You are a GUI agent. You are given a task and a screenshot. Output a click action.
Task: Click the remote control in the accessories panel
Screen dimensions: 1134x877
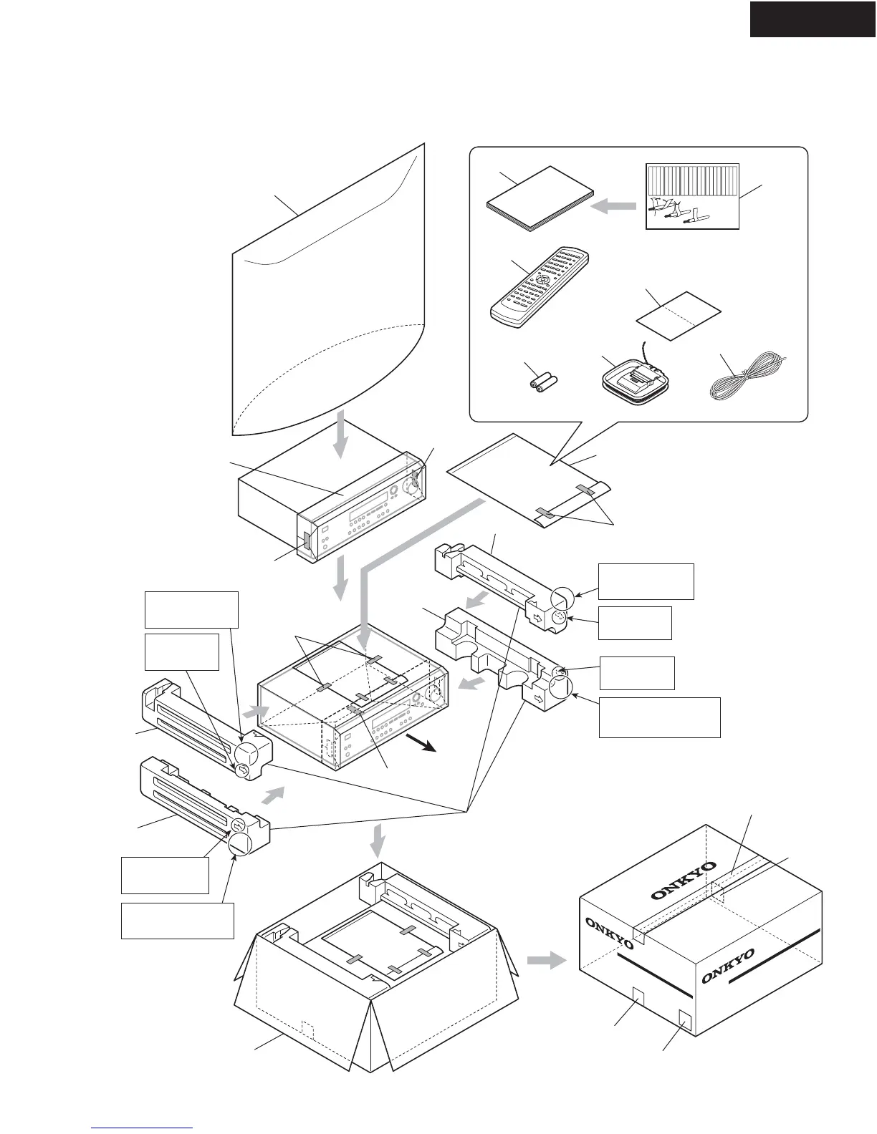coord(539,285)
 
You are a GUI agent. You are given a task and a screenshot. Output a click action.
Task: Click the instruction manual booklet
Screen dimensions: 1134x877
coord(540,200)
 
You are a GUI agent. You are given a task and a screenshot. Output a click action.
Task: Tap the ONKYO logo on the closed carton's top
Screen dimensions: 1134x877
coord(684,880)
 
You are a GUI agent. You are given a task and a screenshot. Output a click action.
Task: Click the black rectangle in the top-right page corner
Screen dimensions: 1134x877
coord(813,19)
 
